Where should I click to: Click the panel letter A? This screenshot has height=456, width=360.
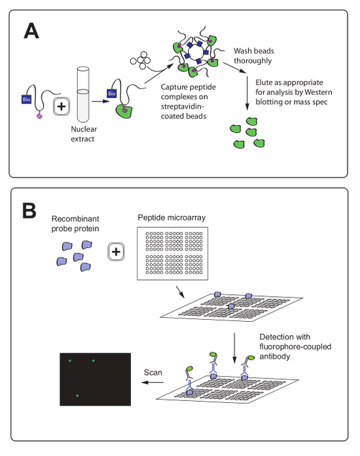point(31,31)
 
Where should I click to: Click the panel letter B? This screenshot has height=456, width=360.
point(29,210)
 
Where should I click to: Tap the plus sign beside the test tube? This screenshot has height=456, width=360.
point(62,106)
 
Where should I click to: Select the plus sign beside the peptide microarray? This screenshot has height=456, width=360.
point(116,252)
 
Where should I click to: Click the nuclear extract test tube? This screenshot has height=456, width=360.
point(83,94)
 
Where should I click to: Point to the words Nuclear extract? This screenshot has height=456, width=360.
point(84,134)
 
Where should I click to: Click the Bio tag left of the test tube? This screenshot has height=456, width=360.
point(26,99)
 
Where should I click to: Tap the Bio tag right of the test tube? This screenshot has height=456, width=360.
point(111,93)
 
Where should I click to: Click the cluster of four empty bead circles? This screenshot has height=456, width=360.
point(140,60)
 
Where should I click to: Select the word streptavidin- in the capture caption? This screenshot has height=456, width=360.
point(183,106)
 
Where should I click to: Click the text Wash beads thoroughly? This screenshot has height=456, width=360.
point(254,56)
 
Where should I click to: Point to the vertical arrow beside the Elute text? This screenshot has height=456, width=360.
point(247,93)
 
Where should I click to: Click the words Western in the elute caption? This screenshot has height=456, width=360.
point(318,92)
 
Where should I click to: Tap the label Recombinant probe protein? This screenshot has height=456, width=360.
point(75,223)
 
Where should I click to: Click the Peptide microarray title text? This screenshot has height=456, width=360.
point(171,218)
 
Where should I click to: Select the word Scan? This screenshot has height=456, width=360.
point(153,373)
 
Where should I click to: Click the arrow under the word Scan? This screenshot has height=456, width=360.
point(153,382)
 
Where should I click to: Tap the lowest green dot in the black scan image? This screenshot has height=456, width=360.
point(77,396)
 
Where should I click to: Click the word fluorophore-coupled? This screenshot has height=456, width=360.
point(295,347)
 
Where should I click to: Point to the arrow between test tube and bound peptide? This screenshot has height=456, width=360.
point(101,101)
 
